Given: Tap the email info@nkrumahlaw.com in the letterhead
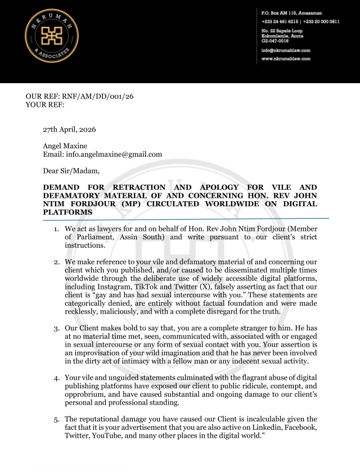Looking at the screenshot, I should (x=286, y=50).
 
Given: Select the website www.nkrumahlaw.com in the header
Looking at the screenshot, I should (x=286, y=58).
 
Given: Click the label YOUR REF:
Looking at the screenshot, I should (x=45, y=105).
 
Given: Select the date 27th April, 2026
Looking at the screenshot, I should (x=70, y=129).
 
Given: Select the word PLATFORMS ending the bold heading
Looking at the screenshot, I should (x=67, y=212).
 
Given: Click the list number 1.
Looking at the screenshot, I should (x=56, y=229).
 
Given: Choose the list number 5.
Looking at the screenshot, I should (x=56, y=419).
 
